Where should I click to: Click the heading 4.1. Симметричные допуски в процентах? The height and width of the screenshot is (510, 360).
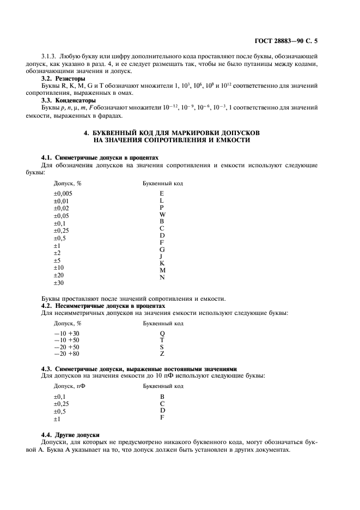click(100, 157)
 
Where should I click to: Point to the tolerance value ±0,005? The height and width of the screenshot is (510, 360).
click(63, 193)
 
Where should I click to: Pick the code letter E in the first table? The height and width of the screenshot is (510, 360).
click(162, 193)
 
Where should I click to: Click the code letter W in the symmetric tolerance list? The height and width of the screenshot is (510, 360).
click(162, 215)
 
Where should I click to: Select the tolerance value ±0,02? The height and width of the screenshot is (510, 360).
click(60, 208)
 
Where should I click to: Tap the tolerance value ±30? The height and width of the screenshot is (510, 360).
click(58, 283)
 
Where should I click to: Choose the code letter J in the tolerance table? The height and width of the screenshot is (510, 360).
click(161, 256)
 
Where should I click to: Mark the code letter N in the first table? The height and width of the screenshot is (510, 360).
click(162, 277)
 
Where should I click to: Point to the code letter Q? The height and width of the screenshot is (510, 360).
click(162, 333)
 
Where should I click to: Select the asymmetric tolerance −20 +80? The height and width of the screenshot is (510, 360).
click(66, 354)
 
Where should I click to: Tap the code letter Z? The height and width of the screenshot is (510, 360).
click(162, 354)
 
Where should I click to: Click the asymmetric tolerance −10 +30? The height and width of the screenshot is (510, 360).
click(66, 333)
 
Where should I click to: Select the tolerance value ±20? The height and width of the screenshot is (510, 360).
click(58, 276)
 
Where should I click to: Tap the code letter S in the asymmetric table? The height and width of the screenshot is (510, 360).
click(162, 347)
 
